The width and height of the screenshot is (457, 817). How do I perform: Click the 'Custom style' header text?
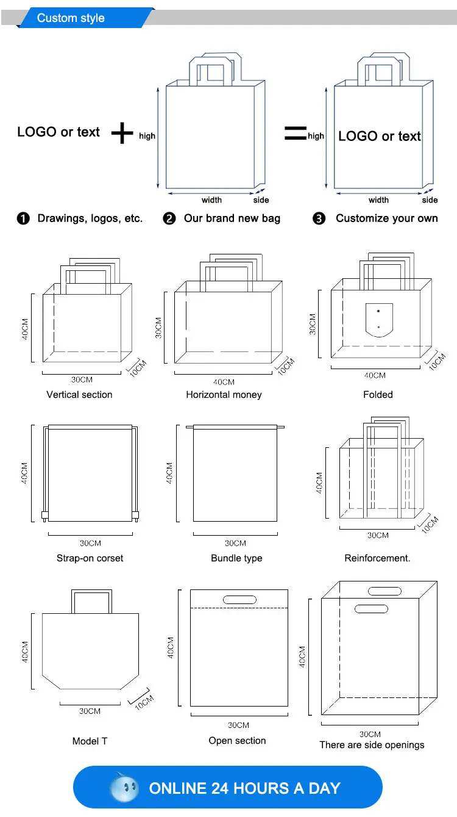coord(71,18)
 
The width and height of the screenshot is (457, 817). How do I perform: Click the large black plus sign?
coord(122,133)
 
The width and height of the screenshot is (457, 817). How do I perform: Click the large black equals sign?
coord(295,133)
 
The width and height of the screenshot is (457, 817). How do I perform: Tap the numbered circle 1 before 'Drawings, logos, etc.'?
coord(23,219)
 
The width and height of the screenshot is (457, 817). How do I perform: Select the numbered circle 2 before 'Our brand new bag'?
coord(169,219)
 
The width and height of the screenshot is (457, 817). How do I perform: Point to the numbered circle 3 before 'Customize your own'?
coord(319,219)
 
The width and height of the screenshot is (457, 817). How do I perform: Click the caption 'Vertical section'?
coord(79,395)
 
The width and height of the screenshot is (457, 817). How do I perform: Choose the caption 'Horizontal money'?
coord(224,395)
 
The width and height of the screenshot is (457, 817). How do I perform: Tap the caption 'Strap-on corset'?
coord(90,558)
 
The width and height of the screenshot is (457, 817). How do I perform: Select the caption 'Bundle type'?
coord(236,558)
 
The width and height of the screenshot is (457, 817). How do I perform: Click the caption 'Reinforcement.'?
coord(377,558)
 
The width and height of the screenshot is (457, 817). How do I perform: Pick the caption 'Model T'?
coord(90,741)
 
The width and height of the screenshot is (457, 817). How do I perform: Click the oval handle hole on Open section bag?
coord(239,600)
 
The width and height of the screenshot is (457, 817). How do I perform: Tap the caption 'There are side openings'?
coord(372,745)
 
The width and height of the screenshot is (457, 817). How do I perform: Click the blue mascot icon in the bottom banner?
coord(124,787)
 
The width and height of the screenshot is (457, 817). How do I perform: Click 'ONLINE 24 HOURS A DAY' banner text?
coord(244,788)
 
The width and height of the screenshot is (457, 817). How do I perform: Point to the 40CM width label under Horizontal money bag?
coord(224,382)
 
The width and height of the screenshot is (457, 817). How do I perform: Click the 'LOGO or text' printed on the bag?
coord(379,136)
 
